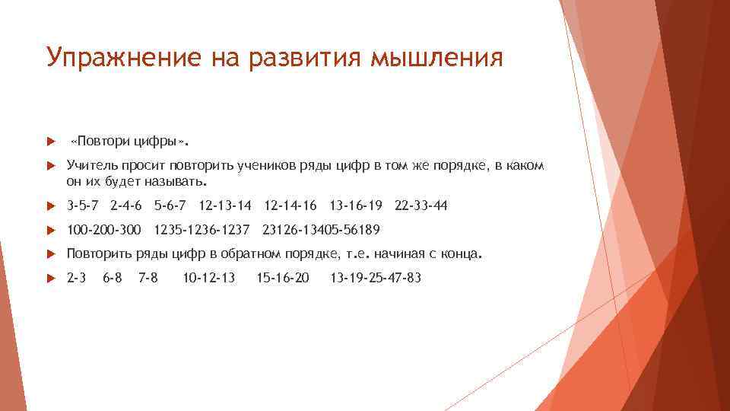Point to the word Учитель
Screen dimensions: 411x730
pos(92,165)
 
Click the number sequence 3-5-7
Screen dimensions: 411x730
pos(83,205)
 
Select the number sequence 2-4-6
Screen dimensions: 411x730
pos(126,205)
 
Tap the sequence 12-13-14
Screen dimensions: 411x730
pos(224,205)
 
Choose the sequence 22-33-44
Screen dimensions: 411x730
pos(421,205)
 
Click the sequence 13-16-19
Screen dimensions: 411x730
pos(356,205)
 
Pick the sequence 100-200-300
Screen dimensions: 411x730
pos(104,230)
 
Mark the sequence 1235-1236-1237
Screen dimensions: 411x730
pos(202,230)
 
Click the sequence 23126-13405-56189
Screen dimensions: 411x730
pos(321,230)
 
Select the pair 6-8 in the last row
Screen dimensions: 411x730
pos(113,278)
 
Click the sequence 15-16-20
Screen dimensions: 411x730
pos(283,278)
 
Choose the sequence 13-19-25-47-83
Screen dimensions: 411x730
pos(375,278)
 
